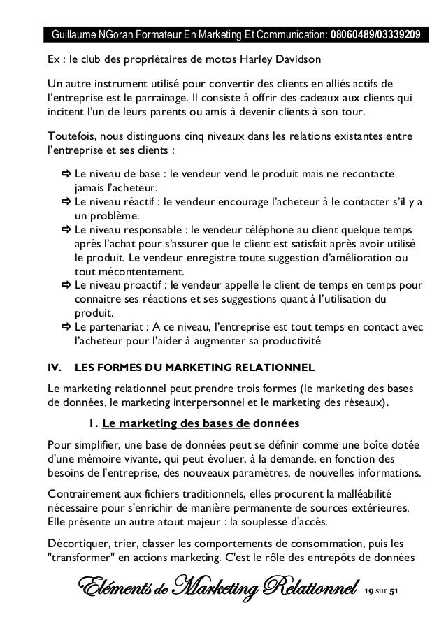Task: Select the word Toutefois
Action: point(70,135)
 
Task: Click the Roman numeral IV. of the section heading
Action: point(53,368)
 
